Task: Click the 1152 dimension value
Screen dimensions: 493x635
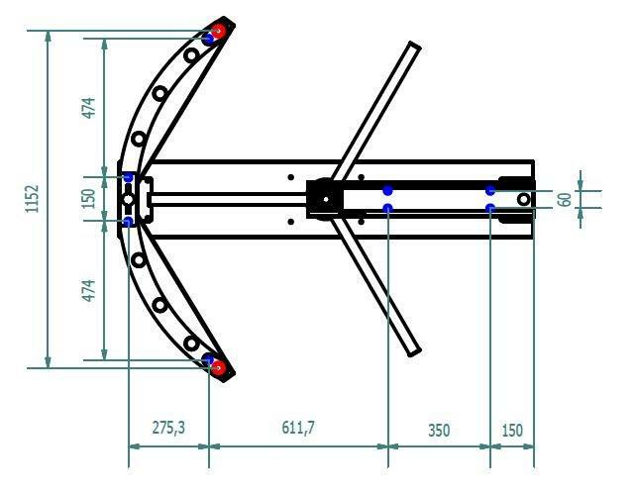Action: (32, 199)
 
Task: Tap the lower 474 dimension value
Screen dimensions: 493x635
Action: (88, 291)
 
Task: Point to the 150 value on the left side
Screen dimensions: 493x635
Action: (88, 198)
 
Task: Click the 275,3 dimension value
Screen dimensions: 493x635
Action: (167, 428)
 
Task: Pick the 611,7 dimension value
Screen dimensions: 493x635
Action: (298, 428)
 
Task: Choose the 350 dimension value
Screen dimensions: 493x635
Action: (438, 430)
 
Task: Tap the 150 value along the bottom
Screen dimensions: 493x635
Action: (511, 430)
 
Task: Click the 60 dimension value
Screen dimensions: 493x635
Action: (564, 198)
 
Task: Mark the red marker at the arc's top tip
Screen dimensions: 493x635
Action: (218, 32)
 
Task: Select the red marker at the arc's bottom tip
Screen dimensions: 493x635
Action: (219, 367)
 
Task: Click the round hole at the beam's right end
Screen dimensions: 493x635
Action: (522, 199)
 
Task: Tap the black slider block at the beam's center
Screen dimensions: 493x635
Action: (323, 197)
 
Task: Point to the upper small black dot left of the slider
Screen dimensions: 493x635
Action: (290, 177)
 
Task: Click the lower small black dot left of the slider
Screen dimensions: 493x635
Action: (290, 221)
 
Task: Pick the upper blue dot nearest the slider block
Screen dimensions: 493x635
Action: (387, 188)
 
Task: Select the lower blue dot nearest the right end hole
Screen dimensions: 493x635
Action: (490, 208)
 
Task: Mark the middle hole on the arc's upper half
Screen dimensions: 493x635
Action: (159, 94)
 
